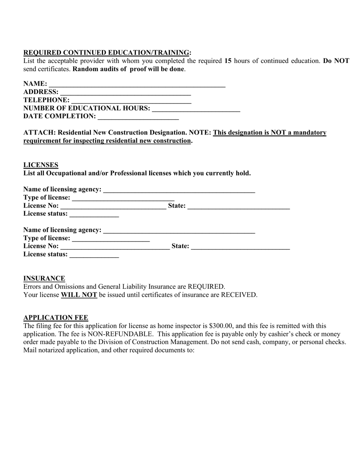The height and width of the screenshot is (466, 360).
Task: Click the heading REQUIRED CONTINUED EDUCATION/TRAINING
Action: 106,52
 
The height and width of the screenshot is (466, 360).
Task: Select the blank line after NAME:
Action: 137,84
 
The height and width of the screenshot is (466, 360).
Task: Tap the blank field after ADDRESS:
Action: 125,92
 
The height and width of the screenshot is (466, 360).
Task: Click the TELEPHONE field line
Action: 131,100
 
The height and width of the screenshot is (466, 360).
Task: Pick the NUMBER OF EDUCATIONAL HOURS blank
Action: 196,109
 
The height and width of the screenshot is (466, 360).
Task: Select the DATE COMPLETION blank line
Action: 138,117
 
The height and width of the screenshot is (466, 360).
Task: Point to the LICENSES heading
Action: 41,165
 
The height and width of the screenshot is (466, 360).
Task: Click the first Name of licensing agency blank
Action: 179,189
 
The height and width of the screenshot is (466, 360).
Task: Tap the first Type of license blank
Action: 123,198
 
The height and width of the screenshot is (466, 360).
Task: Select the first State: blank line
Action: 239,206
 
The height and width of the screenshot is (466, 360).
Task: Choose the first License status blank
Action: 94,214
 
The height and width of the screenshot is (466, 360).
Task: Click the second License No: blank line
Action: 115,247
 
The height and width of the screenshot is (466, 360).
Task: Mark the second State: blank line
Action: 241,247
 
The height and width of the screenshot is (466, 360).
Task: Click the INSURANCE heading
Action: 44,278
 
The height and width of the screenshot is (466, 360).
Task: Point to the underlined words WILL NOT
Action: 79,295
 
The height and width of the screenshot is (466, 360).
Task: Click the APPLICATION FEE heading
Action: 56,317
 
